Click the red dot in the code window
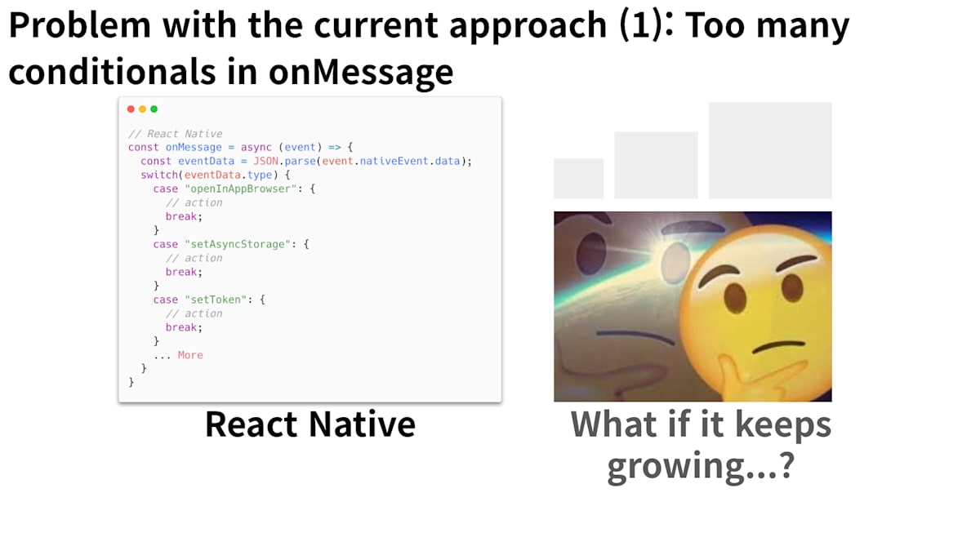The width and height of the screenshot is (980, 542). click(131, 109)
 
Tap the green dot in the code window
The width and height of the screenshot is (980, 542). click(154, 109)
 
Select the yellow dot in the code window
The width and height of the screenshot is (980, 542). click(142, 109)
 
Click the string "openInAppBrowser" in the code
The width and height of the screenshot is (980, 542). click(241, 189)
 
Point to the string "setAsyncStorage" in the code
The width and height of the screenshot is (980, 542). click(238, 244)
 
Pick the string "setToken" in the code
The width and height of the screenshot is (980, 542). click(216, 300)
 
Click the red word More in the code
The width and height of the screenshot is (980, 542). click(190, 355)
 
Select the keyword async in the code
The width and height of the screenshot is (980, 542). click(256, 148)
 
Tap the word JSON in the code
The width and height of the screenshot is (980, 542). click(265, 161)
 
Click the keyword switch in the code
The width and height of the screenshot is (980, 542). click(159, 175)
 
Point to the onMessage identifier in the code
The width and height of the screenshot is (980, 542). click(194, 148)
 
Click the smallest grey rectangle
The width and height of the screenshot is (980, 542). click(578, 179)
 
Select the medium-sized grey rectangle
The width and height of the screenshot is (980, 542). click(656, 165)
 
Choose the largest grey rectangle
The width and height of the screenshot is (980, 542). click(770, 150)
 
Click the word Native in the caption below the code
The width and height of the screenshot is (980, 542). click(363, 424)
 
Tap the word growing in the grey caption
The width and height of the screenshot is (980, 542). click(676, 466)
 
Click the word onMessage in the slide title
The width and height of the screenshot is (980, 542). click(361, 72)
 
